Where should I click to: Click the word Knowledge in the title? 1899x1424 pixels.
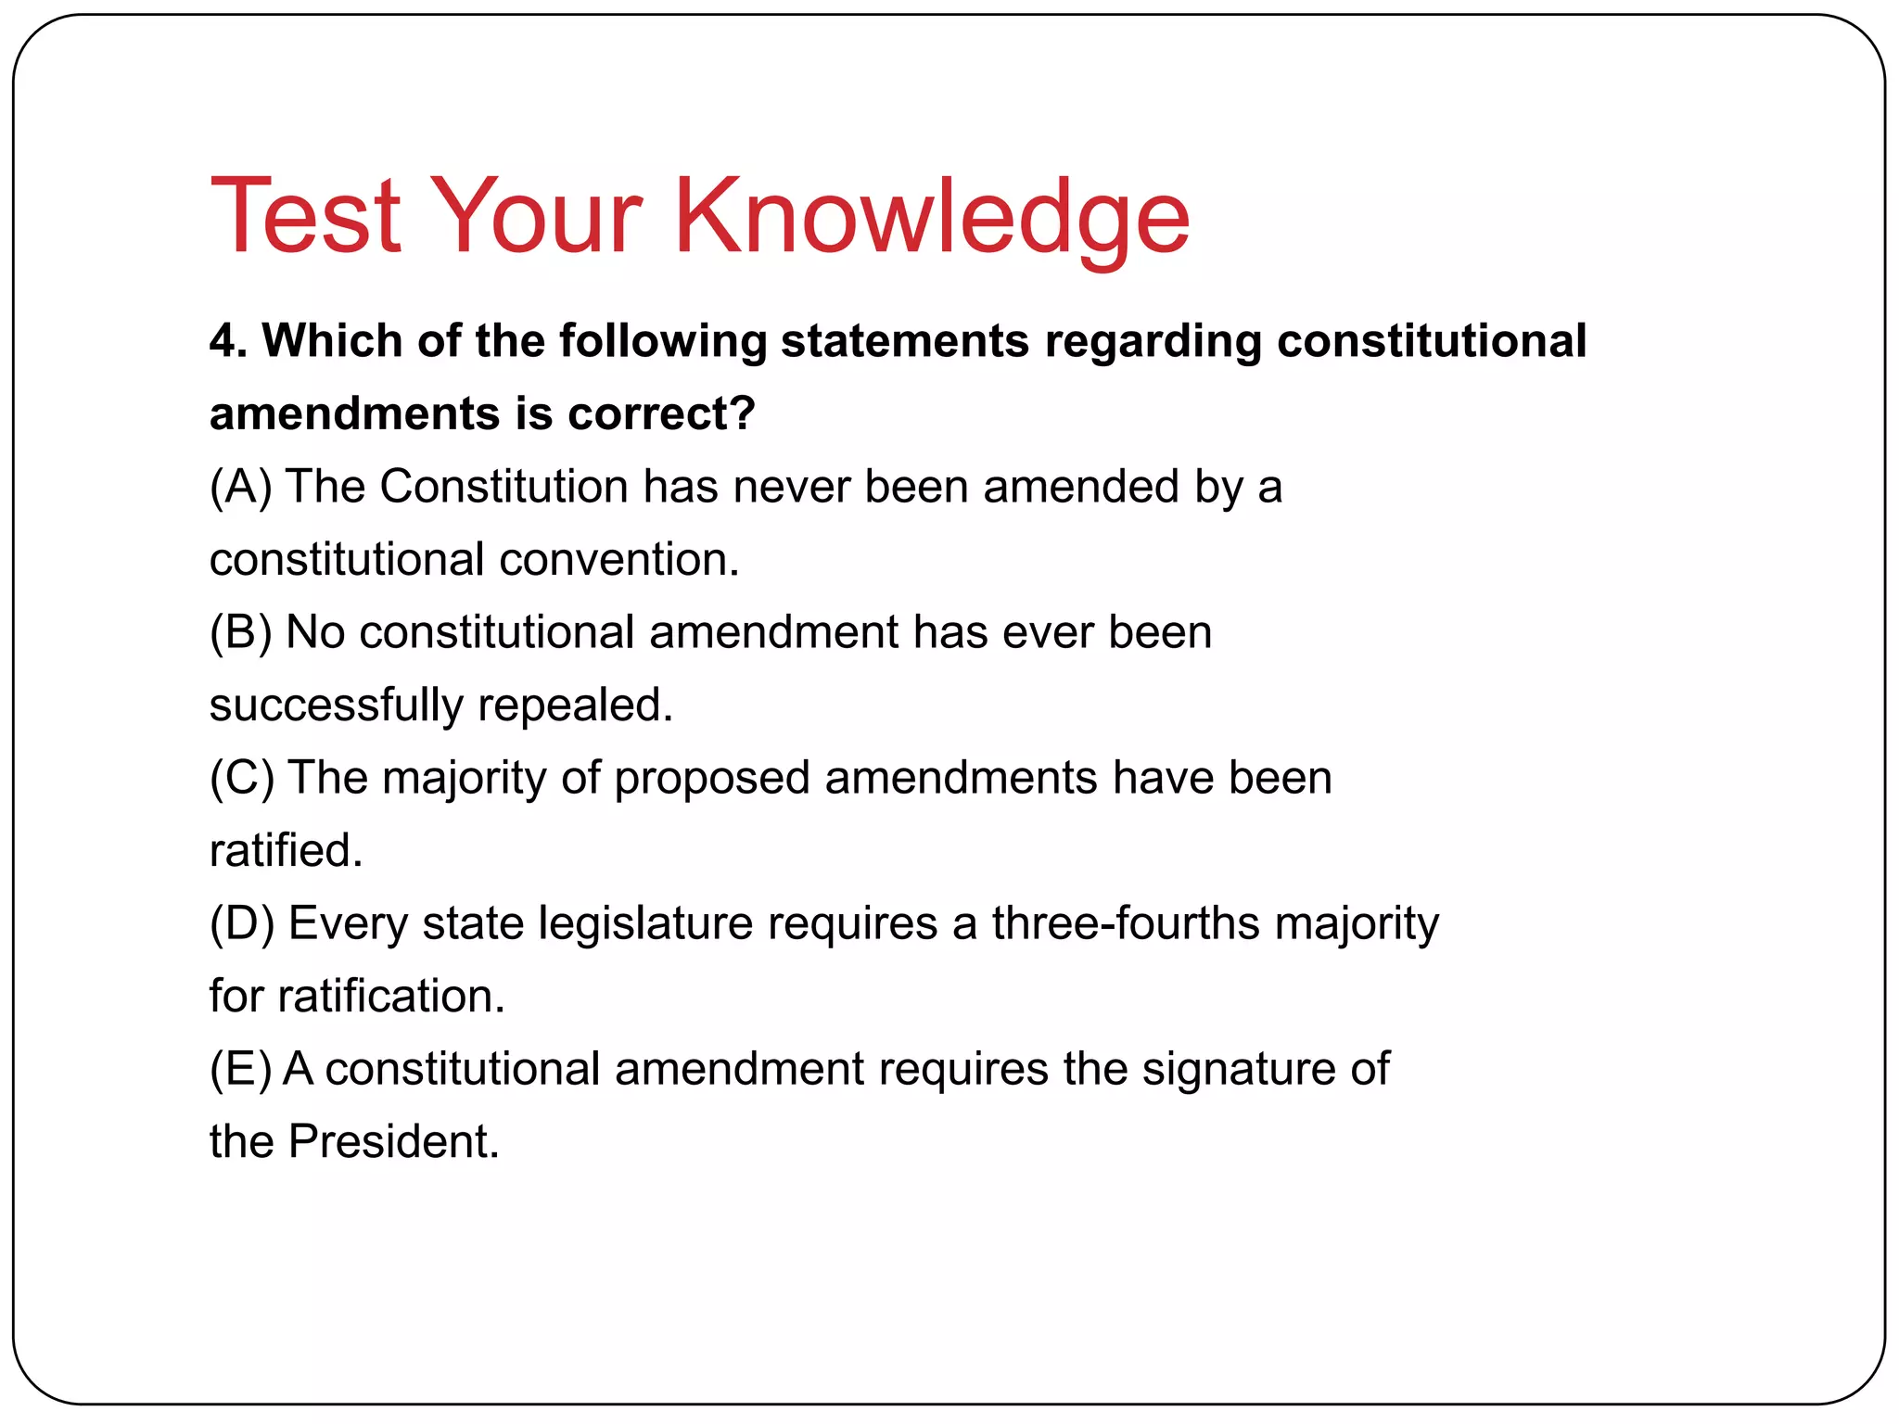931,217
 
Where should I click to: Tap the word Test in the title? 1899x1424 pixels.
306,217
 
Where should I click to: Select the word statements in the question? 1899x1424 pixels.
905,341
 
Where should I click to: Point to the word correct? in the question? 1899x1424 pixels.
662,413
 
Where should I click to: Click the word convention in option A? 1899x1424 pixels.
618,560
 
